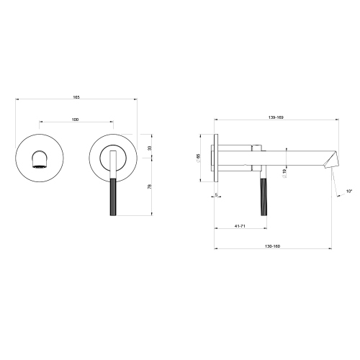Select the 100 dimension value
76,119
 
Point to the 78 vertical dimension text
148,187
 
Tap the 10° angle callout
350,191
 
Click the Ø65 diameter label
199,158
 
